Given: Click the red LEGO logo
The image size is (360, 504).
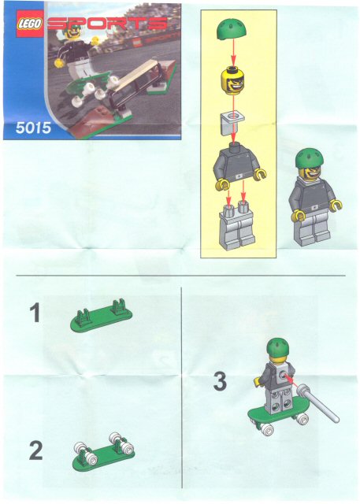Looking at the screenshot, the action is (x=30, y=24).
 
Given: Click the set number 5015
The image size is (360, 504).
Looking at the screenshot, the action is (x=33, y=128).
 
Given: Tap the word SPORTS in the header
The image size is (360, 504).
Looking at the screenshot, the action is (x=108, y=24).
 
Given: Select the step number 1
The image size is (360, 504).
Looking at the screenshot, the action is (x=35, y=313).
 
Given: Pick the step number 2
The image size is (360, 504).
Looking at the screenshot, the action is (x=35, y=450).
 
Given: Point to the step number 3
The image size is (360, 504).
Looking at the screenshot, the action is (x=220, y=381).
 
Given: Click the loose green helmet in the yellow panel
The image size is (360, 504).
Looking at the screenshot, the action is (x=232, y=29).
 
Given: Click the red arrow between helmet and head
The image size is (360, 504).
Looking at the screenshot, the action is (x=233, y=52).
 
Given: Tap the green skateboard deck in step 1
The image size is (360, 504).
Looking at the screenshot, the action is (x=102, y=316).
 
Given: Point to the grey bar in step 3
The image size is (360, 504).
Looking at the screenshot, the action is (x=317, y=402).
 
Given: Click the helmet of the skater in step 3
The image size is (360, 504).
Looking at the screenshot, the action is (x=278, y=346).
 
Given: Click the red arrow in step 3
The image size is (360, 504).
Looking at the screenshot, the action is (x=289, y=379).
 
